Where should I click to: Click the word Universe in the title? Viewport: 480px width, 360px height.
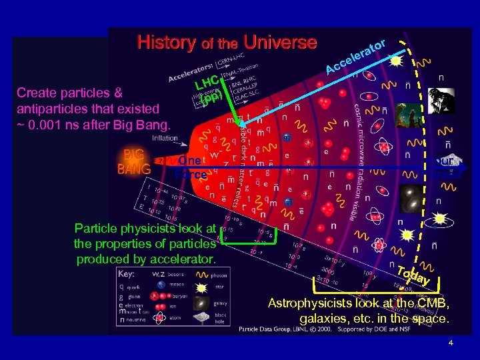click(280, 43)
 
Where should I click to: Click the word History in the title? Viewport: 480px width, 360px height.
click(165, 43)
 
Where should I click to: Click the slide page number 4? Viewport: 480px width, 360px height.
click(451, 343)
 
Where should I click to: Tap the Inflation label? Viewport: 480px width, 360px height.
click(165, 138)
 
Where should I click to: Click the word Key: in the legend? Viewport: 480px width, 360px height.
click(125, 274)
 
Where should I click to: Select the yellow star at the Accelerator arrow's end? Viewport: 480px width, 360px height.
click(395, 60)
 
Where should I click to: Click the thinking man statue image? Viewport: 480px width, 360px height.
click(441, 99)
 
